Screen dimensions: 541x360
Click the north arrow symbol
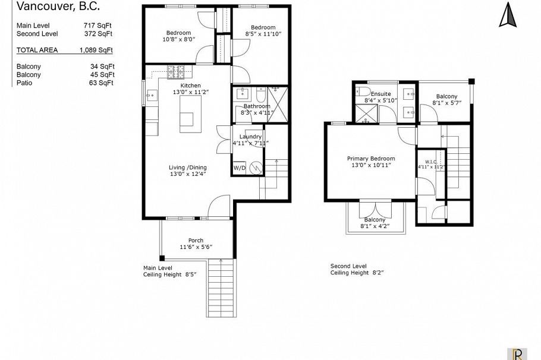point(508,15)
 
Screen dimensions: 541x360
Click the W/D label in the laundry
point(240,168)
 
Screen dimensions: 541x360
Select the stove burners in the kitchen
point(175,72)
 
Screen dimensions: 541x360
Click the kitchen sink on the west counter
point(150,94)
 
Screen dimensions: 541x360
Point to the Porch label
point(196,240)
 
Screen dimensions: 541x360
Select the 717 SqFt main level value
point(98,26)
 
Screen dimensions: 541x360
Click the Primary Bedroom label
point(371,159)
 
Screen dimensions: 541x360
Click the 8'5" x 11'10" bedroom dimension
point(263,34)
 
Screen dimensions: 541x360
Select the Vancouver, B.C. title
point(58,7)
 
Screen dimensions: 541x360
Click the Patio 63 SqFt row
point(64,83)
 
